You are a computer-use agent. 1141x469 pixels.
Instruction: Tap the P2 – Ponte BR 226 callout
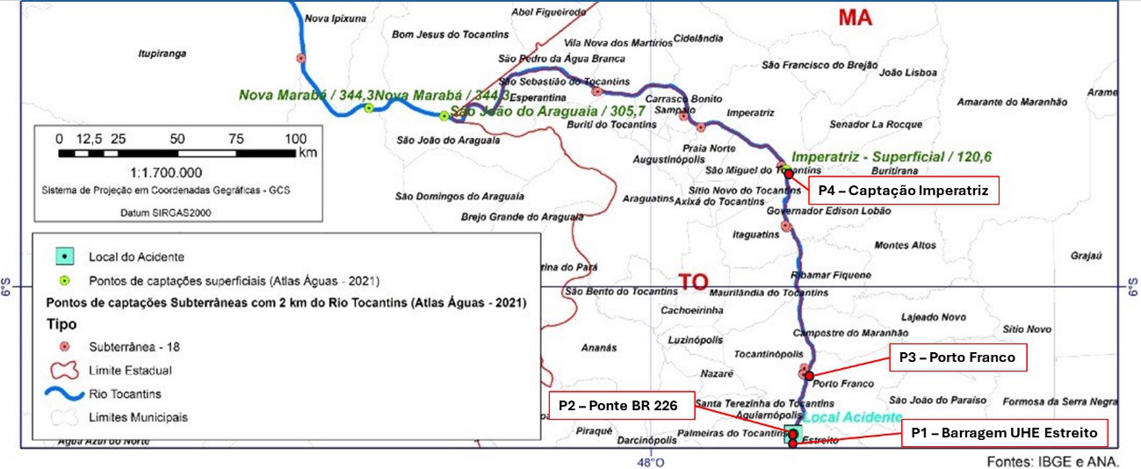tap(621, 405)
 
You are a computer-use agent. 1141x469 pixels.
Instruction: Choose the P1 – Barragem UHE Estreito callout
tap(1004, 432)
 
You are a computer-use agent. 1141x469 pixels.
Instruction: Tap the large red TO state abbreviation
tap(693, 281)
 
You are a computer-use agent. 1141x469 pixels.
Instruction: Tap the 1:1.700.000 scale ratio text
tap(165, 173)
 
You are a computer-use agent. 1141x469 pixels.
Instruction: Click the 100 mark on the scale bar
tap(296, 139)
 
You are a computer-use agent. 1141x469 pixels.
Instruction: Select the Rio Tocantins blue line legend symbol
tap(65, 394)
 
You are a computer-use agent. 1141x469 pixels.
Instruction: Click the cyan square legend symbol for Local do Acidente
tap(63, 257)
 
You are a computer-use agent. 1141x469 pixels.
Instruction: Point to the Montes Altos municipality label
tap(905, 245)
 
